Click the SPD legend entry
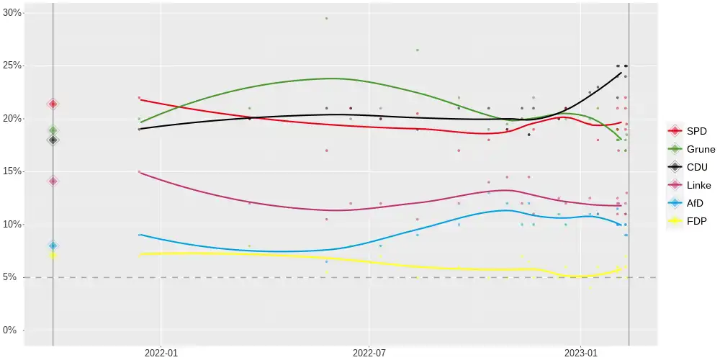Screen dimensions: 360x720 pyautogui.click(x=687, y=131)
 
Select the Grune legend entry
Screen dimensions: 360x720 pyautogui.click(x=690, y=149)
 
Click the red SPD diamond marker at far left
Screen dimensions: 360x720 pyautogui.click(x=53, y=104)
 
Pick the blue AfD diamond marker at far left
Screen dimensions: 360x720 pyautogui.click(x=53, y=246)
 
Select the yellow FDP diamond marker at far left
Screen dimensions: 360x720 pyautogui.click(x=53, y=256)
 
